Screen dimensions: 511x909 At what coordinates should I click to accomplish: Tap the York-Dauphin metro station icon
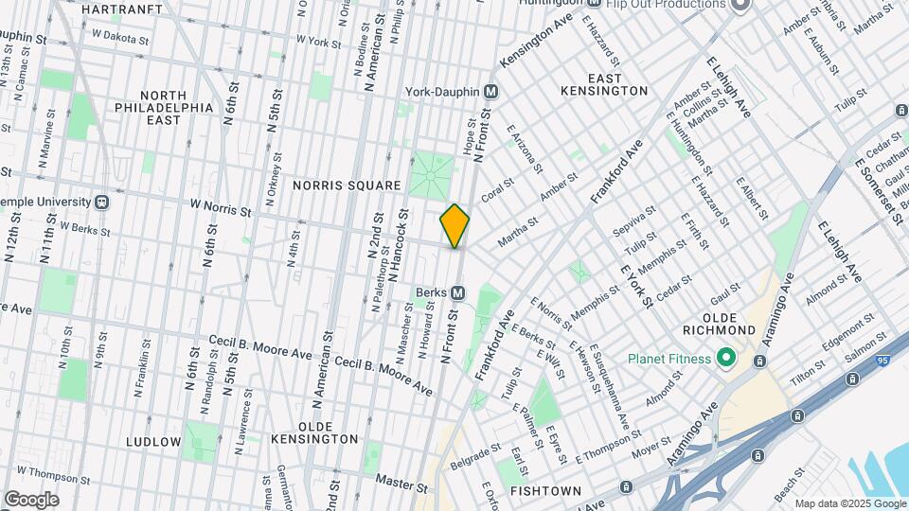490,92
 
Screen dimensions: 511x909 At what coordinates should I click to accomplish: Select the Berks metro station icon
457,292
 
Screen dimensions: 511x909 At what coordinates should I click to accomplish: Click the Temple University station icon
102,202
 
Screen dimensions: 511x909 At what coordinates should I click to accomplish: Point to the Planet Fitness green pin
726,359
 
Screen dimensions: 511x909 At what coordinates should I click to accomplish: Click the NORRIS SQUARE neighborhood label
348,185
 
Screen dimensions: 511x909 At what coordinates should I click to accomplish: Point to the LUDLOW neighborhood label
153,442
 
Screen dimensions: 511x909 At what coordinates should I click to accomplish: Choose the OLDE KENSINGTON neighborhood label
315,432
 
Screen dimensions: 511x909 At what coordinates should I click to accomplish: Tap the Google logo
30,499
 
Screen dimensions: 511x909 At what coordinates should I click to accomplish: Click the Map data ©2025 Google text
848,502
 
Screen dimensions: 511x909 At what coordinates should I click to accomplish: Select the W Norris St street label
220,203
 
